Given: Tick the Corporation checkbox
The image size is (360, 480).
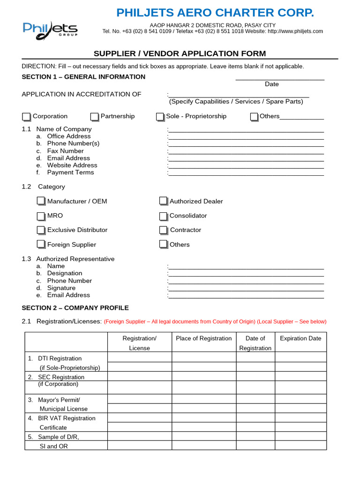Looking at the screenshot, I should point(26,117).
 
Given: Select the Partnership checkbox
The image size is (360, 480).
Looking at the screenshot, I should point(95,117).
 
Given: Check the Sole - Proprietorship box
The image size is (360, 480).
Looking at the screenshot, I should point(160,117).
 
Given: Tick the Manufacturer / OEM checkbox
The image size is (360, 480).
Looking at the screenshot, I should point(41,201).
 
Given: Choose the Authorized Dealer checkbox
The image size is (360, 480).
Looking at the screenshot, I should point(163,201).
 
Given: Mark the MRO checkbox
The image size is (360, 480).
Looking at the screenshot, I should point(41,216).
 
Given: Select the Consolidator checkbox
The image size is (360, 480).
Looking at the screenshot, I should point(163,216).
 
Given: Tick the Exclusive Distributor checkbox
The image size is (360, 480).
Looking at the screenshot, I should point(41,230).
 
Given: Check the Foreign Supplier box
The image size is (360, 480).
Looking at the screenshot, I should point(41,244).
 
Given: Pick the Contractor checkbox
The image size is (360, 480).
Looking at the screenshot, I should point(163,230).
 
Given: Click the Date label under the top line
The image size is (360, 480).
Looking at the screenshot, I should point(271,84).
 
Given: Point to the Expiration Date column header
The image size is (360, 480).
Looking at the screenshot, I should point(300,338).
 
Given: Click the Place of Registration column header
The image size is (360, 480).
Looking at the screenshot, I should point(203,338).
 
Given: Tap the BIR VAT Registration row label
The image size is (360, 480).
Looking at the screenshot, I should point(67,418).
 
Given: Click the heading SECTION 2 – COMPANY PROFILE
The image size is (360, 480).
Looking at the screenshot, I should point(75,308).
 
